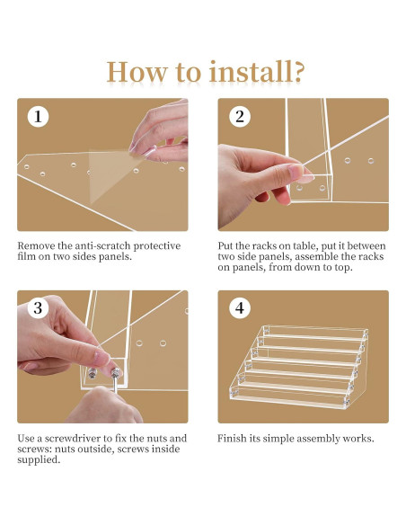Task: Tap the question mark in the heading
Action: coord(299,71)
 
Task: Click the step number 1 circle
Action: coord(38,117)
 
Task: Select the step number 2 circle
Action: coord(240,117)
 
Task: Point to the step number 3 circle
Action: coord(38,308)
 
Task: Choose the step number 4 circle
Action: coord(240,308)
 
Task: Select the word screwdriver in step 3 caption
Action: coord(73,439)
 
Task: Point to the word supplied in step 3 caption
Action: coord(39,460)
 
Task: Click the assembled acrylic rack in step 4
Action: coord(298,367)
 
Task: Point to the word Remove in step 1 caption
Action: coord(36,246)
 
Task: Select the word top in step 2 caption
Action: coord(343,268)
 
